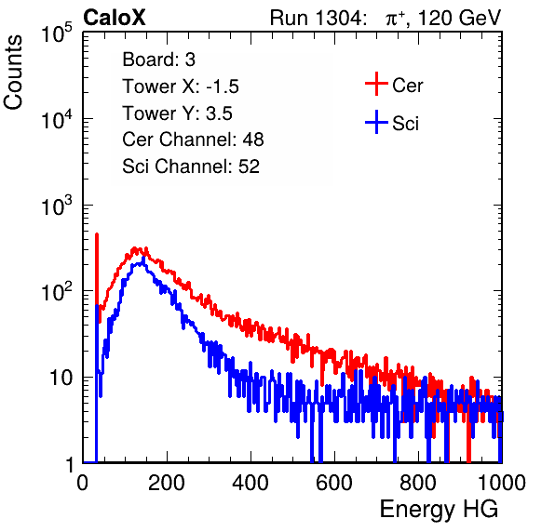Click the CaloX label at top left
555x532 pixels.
click(x=115, y=18)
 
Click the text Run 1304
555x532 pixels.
click(x=316, y=18)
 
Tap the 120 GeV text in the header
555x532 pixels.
click(x=459, y=18)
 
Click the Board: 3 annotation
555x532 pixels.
click(x=158, y=60)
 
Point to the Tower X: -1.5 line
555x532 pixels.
click(x=181, y=86)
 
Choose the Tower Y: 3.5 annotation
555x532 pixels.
click(x=177, y=113)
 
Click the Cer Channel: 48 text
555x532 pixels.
click(x=193, y=140)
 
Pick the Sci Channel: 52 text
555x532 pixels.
click(x=191, y=166)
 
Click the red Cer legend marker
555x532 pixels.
click(x=376, y=84)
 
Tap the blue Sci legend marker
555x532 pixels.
click(x=376, y=122)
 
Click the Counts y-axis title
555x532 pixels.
click(x=13, y=73)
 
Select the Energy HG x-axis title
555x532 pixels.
click(x=439, y=509)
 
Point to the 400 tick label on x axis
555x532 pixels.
click(x=250, y=483)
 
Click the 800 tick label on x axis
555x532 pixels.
click(x=418, y=483)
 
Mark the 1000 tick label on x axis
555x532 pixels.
click(x=502, y=483)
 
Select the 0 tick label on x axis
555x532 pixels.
click(x=83, y=483)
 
